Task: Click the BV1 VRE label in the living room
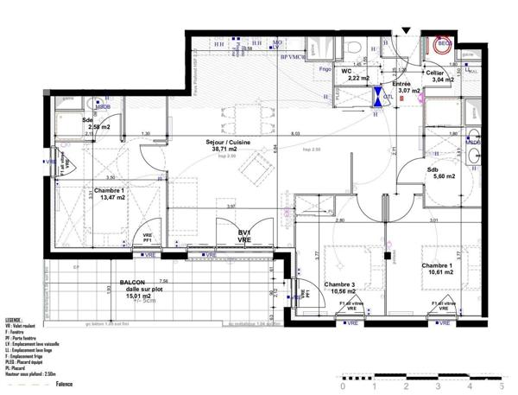[x=244, y=237]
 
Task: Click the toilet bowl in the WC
[x=357, y=48]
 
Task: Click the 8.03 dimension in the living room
[x=295, y=134]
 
